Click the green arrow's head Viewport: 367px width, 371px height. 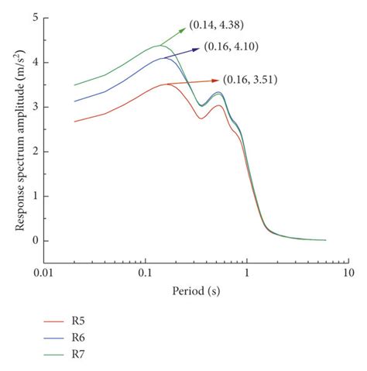point(183,30)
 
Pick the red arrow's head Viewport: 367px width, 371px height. point(217,79)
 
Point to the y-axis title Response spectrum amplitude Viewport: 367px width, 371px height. point(17,129)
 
